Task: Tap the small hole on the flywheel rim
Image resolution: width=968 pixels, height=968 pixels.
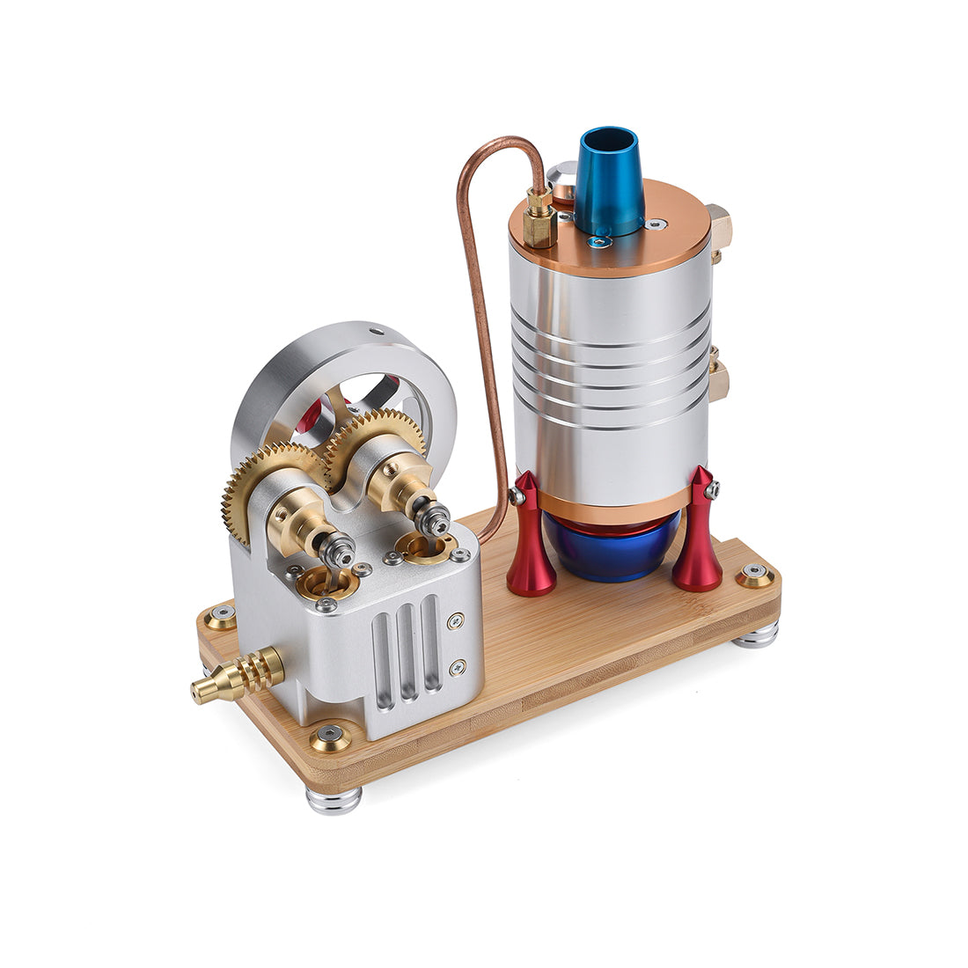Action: (x=376, y=333)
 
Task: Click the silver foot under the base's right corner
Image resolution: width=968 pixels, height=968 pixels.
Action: (x=756, y=634)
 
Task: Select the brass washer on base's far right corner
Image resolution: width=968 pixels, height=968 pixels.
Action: (x=755, y=576)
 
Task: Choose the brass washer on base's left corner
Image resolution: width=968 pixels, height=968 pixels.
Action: (x=220, y=615)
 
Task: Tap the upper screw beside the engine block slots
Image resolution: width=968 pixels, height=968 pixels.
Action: (x=456, y=621)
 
